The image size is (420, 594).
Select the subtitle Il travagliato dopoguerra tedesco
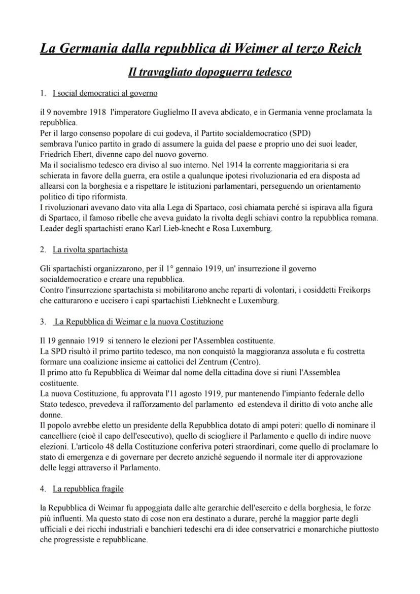pos(209,72)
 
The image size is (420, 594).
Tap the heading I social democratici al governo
pos(105,93)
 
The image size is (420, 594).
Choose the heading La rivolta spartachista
pos(90,250)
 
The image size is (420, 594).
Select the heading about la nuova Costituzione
pos(138,322)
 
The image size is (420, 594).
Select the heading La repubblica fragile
pos(88,488)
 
